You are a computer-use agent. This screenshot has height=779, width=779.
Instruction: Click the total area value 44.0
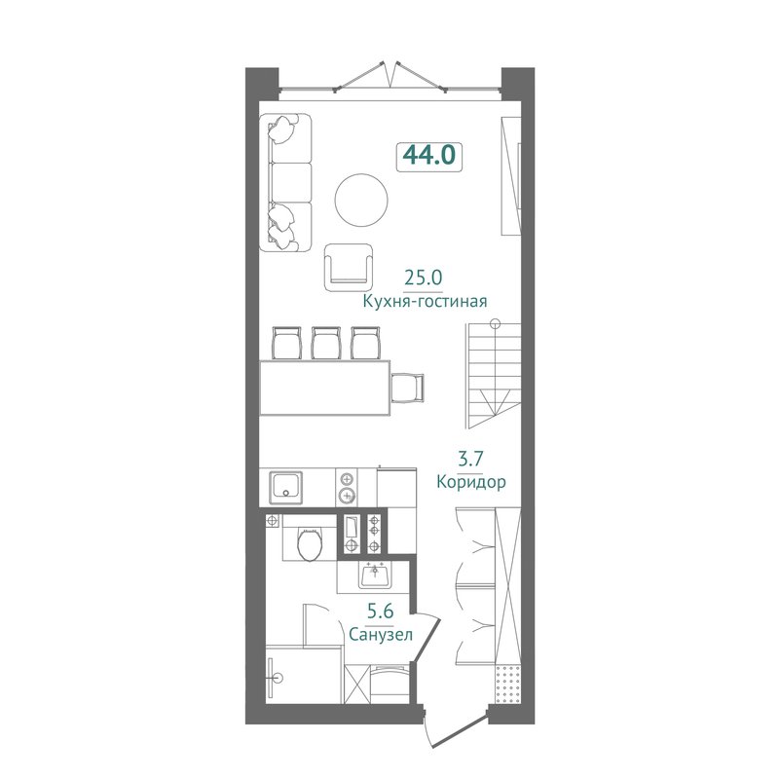click(x=429, y=155)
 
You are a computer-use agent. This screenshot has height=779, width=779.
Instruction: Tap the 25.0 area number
click(x=423, y=278)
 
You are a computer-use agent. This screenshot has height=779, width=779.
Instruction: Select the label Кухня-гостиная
click(x=425, y=301)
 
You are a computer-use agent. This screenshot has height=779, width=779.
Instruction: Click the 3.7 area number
click(x=470, y=458)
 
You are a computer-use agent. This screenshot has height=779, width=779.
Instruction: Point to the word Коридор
click(x=471, y=481)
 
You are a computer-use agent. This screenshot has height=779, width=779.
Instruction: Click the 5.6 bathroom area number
click(x=381, y=611)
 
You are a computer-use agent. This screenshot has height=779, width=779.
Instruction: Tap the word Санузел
click(x=381, y=635)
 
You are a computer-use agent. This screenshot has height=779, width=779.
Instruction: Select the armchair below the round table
click(x=349, y=267)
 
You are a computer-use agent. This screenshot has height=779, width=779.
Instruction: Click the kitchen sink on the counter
click(x=285, y=488)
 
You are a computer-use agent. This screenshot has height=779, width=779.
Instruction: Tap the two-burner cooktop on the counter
click(x=347, y=488)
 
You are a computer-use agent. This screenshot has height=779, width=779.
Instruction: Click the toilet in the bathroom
click(x=310, y=544)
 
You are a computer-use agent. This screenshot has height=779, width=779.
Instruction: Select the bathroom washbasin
click(x=375, y=575)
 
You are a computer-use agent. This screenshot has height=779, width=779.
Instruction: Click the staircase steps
click(x=494, y=375)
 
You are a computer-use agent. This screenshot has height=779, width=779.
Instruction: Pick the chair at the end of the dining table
click(x=407, y=388)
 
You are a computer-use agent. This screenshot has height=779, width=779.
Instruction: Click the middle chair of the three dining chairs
click(x=326, y=343)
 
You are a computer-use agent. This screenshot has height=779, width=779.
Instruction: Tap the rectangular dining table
click(x=325, y=388)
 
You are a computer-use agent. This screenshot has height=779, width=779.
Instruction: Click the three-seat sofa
click(x=285, y=182)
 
